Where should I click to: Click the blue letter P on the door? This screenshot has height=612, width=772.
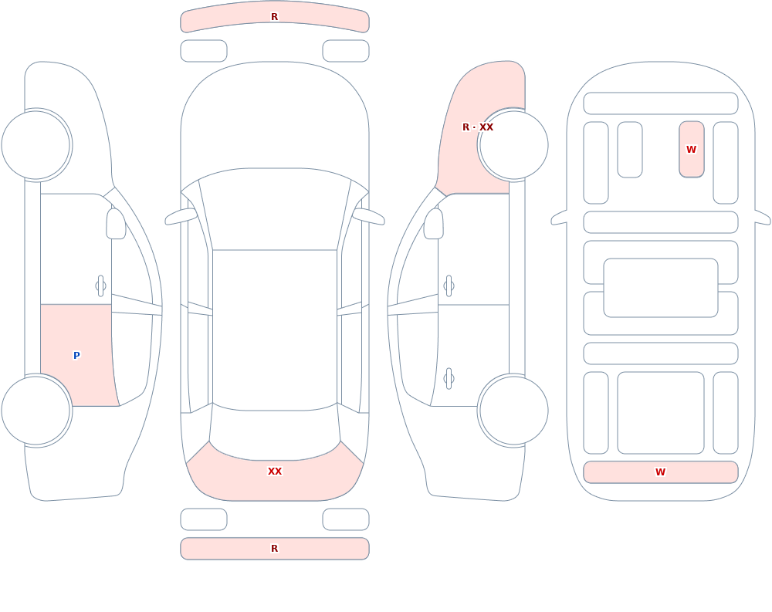click(x=76, y=356)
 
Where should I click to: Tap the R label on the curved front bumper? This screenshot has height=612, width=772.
click(x=275, y=17)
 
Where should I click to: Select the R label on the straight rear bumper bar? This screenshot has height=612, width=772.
click(x=275, y=549)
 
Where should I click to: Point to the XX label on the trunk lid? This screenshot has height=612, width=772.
click(x=275, y=472)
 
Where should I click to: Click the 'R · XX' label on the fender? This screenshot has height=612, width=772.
click(x=478, y=127)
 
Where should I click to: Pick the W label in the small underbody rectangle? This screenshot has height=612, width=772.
click(x=691, y=149)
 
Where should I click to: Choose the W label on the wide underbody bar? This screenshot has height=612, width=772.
click(x=660, y=472)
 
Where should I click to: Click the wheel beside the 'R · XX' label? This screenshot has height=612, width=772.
click(x=513, y=145)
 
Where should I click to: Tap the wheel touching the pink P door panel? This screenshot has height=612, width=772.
click(x=36, y=410)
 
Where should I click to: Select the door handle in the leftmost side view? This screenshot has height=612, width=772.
click(x=101, y=286)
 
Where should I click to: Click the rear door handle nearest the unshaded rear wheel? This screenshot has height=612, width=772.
click(x=449, y=379)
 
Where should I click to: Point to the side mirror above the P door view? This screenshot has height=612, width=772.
click(x=117, y=224)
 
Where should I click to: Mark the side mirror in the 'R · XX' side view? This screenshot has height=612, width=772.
click(x=434, y=224)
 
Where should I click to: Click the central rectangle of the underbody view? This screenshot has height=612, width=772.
click(x=661, y=288)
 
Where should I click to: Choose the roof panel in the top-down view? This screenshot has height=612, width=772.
click(x=275, y=330)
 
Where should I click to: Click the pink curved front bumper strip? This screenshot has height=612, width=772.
click(x=275, y=17)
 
